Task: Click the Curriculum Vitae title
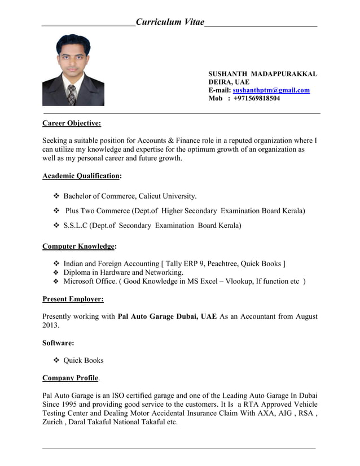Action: pyautogui.click(x=170, y=22)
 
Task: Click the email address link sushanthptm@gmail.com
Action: pyautogui.click(x=271, y=90)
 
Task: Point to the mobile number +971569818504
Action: pyautogui.click(x=257, y=98)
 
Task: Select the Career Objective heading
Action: pyautogui.click(x=72, y=123)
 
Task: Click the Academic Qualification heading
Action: pyautogui.click(x=81, y=175)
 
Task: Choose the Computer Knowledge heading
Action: pyautogui.click(x=79, y=247)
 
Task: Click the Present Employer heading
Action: pyautogui.click(x=73, y=299)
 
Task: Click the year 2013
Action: pyautogui.click(x=51, y=326)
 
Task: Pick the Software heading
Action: pyautogui.click(x=58, y=342)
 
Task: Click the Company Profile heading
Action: pyautogui.click(x=70, y=377)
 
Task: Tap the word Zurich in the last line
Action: pyautogui.click(x=53, y=422)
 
